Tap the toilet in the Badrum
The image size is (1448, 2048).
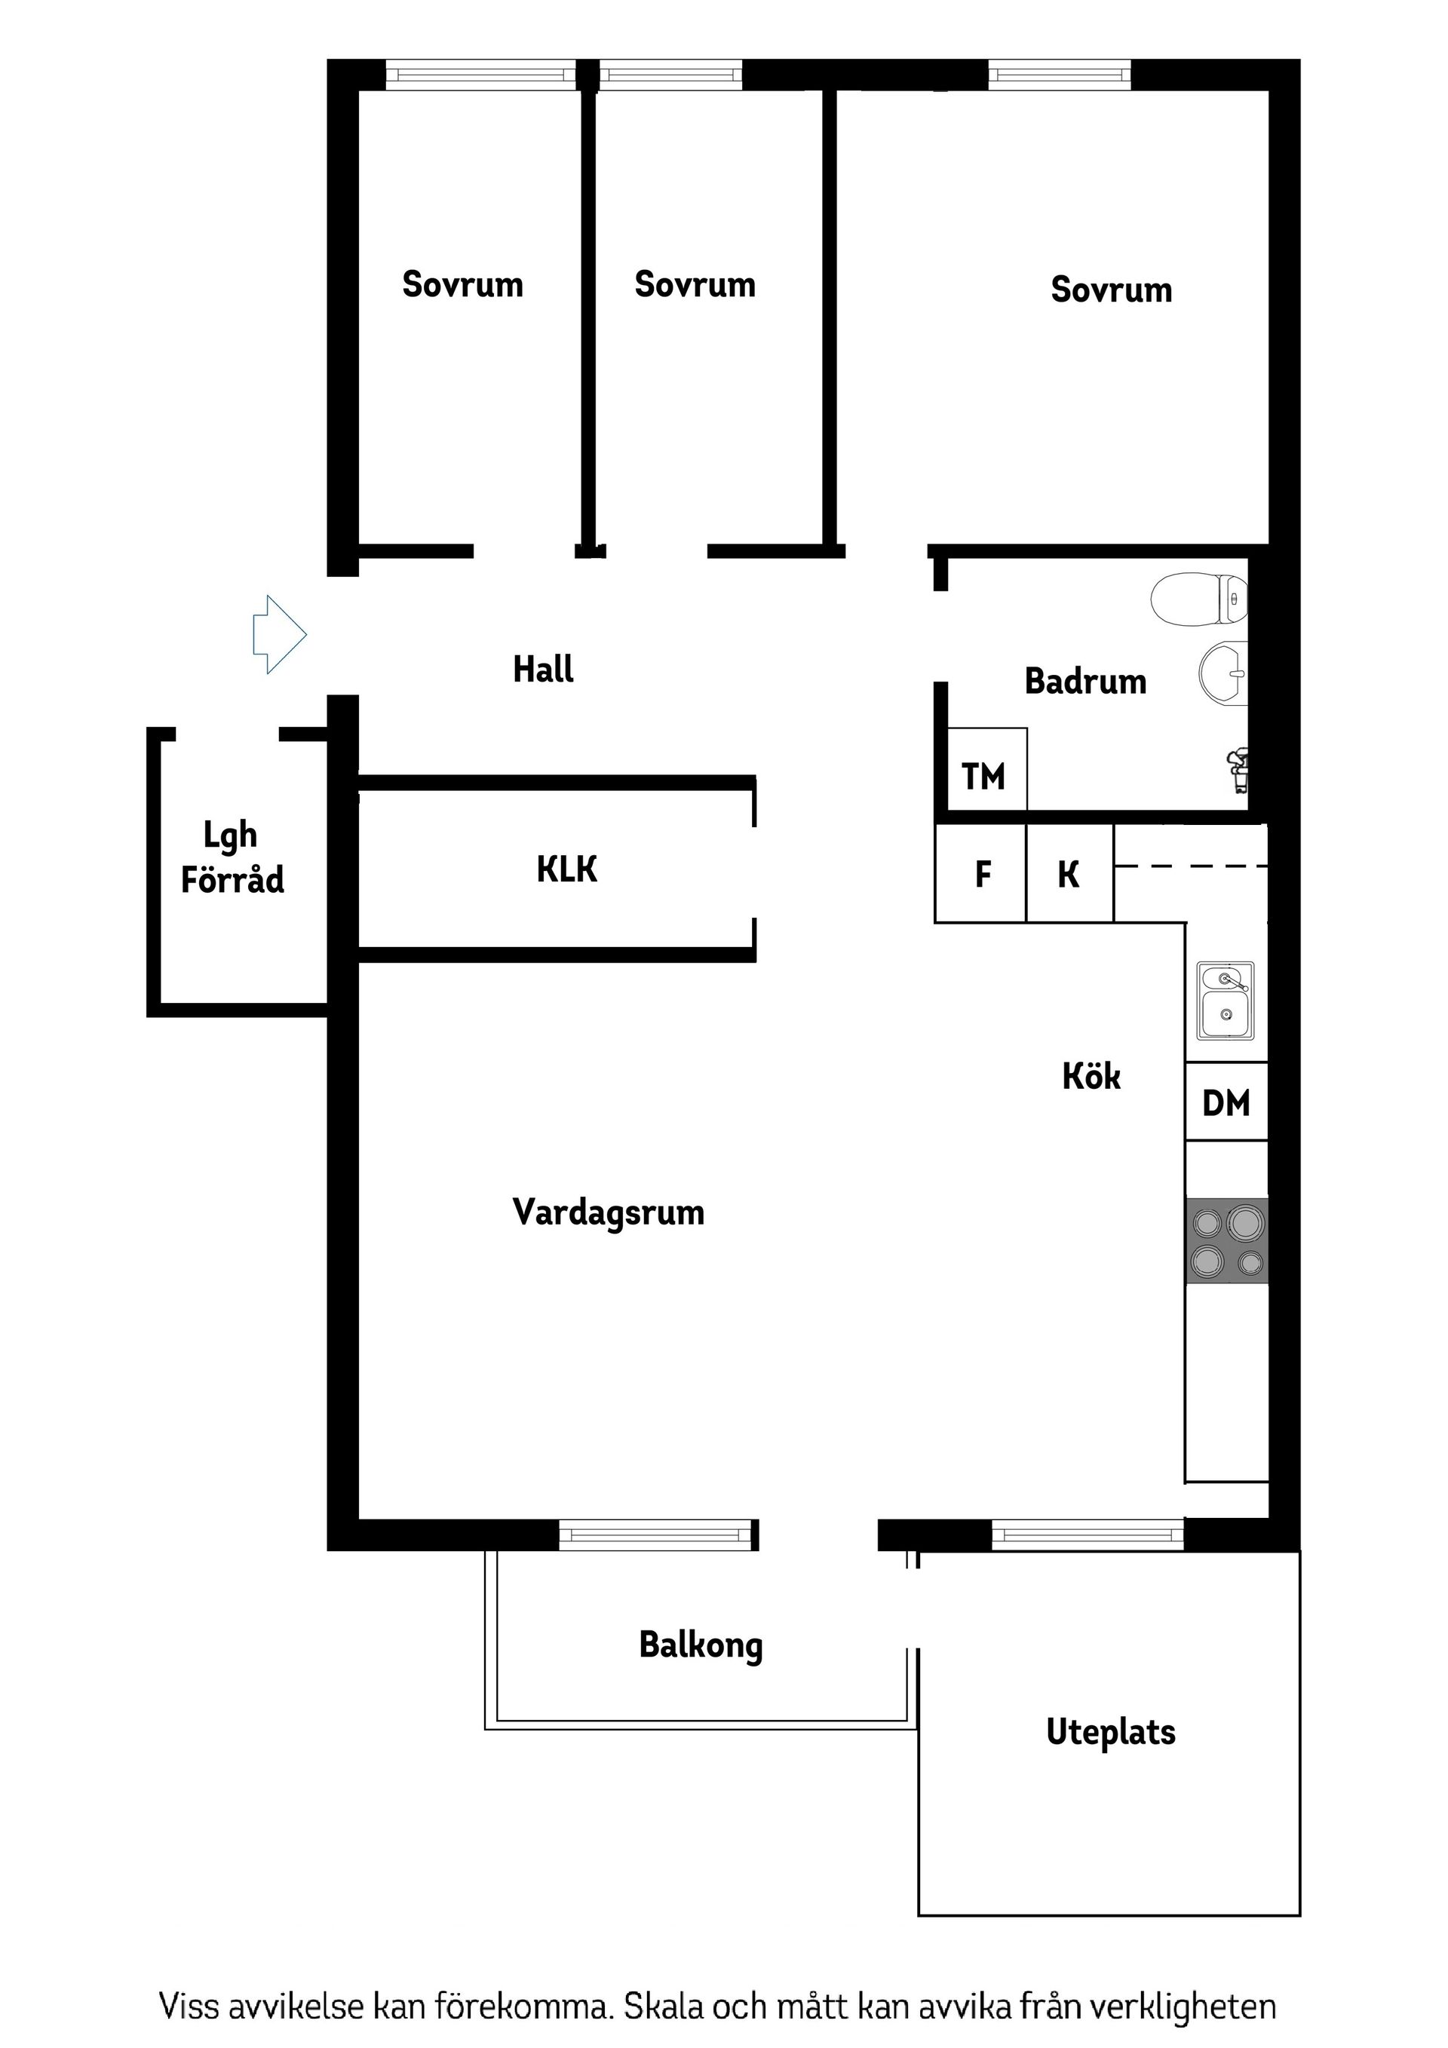[1198, 599]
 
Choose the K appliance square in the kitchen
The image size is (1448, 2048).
[1069, 873]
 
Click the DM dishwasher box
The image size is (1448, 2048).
[1226, 1102]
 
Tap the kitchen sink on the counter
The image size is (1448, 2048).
[1225, 1001]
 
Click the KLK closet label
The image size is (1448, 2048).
[566, 869]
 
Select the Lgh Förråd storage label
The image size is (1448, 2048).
[232, 857]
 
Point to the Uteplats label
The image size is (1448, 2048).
[1110, 1731]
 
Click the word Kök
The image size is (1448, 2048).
[1091, 1076]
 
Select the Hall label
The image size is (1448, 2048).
[542, 669]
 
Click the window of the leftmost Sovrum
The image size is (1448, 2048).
[481, 75]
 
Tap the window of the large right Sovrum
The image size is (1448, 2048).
[1059, 75]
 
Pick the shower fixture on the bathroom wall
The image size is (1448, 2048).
[1238, 769]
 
